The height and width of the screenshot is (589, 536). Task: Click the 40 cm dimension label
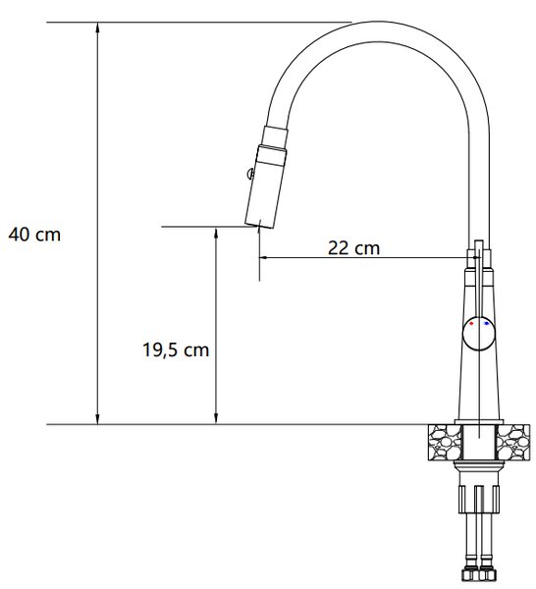coord(34,236)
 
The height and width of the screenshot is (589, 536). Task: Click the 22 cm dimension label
coord(353,248)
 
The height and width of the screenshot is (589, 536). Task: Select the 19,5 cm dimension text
coord(176,350)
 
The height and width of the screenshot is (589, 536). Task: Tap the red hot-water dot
coord(471,323)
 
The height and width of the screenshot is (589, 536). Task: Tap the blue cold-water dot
coord(487,323)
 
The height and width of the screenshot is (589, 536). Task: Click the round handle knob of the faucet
coord(479,333)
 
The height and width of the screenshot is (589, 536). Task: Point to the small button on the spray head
coord(250,173)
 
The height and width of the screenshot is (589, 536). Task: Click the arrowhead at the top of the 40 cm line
coord(97,27)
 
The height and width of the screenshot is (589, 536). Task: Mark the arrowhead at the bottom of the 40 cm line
coord(97,419)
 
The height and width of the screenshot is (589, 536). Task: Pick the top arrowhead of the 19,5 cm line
coord(216,233)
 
